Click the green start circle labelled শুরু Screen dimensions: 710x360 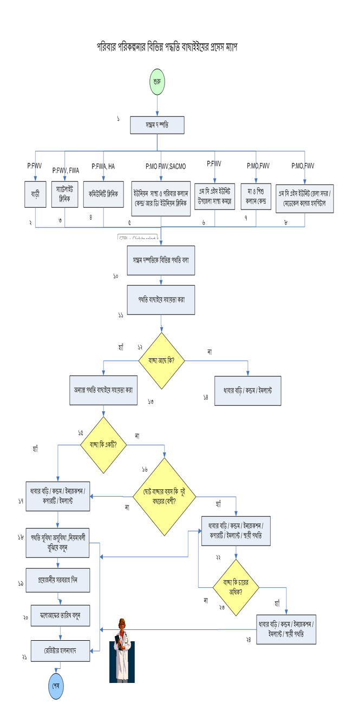click(x=157, y=84)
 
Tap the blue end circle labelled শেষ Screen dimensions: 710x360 click(x=56, y=683)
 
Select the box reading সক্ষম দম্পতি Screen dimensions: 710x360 click(x=157, y=125)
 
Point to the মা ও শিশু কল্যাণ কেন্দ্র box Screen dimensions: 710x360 click(x=257, y=195)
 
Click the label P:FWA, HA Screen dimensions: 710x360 click(x=103, y=166)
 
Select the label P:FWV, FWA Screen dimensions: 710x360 click(x=66, y=170)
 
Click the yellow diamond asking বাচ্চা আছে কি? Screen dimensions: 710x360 click(x=162, y=360)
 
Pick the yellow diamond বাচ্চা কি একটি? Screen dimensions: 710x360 click(x=103, y=445)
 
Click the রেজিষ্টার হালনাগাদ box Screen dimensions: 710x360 click(x=60, y=649)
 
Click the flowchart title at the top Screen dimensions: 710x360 click(x=167, y=47)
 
